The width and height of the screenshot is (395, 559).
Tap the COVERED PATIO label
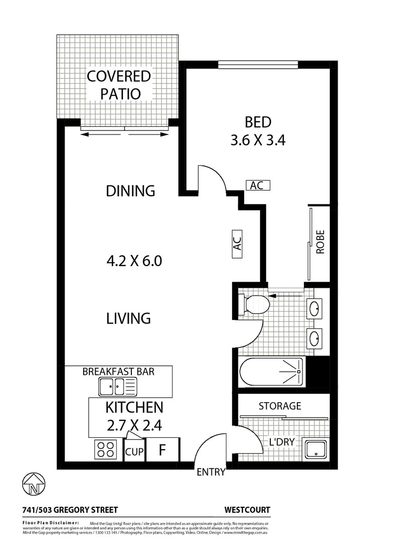[x=118, y=85]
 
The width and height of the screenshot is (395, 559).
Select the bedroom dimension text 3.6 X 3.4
[x=258, y=140]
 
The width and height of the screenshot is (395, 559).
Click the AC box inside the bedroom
[x=257, y=185]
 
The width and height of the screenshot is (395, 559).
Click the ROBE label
[x=320, y=241]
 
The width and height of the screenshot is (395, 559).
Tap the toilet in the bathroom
[x=254, y=304]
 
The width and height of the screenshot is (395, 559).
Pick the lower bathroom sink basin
[x=314, y=339]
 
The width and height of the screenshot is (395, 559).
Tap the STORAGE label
[x=280, y=406]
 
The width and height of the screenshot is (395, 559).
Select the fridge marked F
[x=162, y=450]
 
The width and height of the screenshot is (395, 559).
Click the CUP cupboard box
[x=134, y=451]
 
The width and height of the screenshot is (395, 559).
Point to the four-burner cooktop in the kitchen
[x=106, y=449]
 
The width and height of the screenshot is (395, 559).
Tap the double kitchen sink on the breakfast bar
[x=118, y=386]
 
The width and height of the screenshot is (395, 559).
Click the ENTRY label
[x=211, y=472]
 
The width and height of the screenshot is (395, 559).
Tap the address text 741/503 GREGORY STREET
[x=70, y=510]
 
